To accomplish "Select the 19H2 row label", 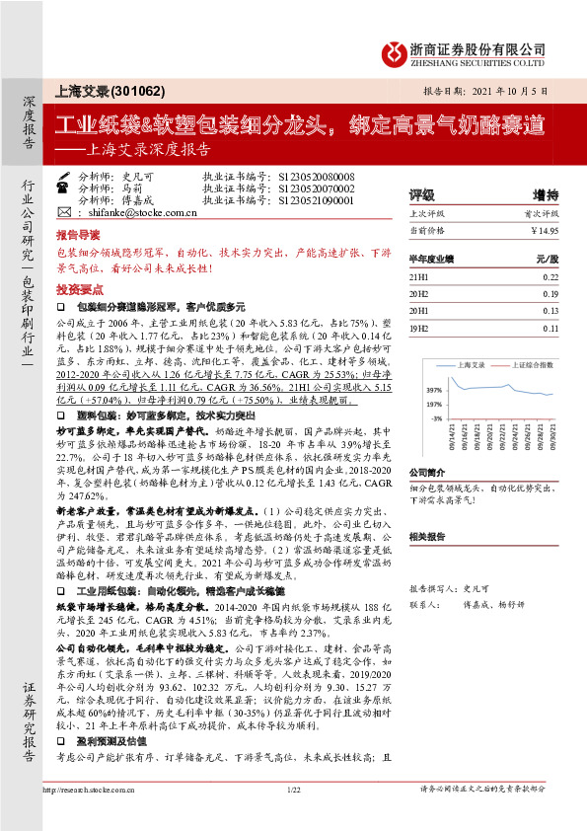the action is click(x=420, y=328).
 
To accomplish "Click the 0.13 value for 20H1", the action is click(x=550, y=312).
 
